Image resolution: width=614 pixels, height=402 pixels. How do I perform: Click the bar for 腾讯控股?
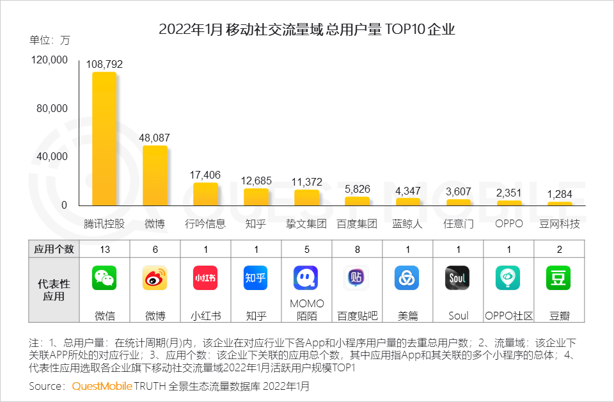104,138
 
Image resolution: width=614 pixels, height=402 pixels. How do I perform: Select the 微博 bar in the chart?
155,175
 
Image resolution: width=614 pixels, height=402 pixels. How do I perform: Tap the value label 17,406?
205,175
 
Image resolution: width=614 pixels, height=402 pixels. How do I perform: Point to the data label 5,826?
357,189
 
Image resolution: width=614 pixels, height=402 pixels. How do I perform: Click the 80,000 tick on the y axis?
51,108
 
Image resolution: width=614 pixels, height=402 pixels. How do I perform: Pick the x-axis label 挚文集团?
306,224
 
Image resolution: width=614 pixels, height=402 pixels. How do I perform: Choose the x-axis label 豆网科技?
560,224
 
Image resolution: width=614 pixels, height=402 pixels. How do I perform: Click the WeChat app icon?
104,278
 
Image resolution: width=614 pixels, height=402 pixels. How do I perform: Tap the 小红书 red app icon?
205,278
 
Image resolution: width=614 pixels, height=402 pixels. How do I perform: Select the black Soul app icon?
458,278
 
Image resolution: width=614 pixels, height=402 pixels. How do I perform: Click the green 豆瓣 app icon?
558,278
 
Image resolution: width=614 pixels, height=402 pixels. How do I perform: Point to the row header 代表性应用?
54,290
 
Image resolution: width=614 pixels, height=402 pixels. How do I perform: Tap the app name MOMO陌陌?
306,309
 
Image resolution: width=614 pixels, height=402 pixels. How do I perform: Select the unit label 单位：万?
49,40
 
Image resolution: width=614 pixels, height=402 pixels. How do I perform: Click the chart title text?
307,29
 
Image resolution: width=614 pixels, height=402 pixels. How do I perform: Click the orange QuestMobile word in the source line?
102,387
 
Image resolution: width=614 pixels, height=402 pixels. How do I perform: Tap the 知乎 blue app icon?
256,278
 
